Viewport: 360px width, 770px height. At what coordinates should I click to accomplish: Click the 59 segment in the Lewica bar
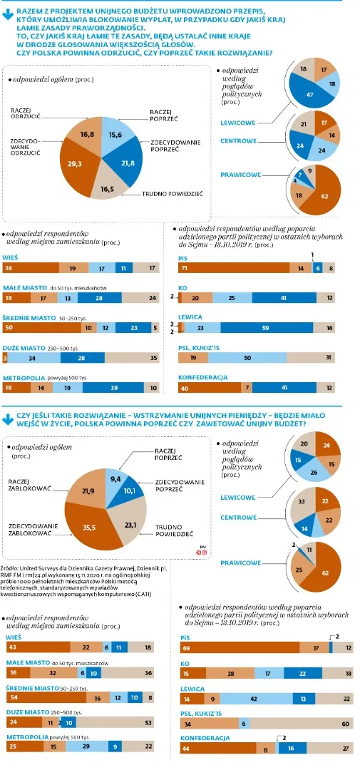[264, 327]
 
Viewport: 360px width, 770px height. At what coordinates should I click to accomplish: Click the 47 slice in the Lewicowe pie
[309, 94]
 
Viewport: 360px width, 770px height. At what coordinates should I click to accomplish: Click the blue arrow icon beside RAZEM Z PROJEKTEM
[8, 11]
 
